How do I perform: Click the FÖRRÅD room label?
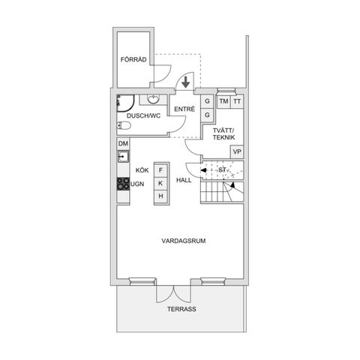133,61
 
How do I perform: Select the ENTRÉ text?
184,109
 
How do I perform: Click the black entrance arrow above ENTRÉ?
186,80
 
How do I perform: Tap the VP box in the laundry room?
237,151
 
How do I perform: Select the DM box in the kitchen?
123,143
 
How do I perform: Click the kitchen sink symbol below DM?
122,157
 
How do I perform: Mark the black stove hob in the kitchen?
122,182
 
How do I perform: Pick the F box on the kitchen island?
160,169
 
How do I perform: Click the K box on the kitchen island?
160,182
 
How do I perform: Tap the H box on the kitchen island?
160,196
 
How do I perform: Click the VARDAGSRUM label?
184,241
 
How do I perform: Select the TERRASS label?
181,308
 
